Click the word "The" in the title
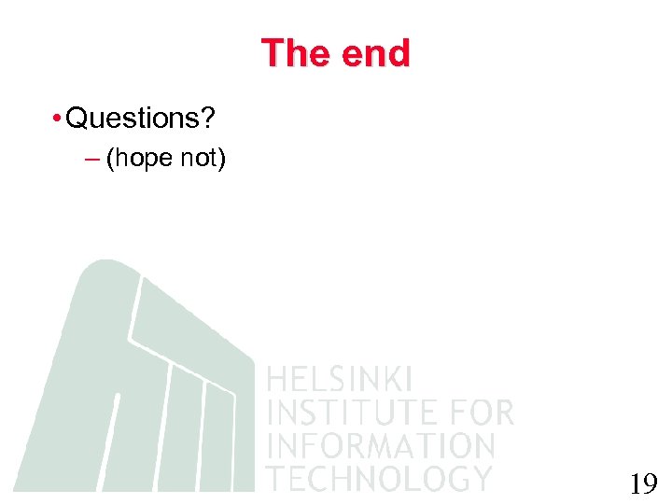[x=291, y=53]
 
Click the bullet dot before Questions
[x=58, y=119]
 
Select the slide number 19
[x=643, y=483]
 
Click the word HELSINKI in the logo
[x=340, y=380]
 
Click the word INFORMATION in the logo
[x=381, y=445]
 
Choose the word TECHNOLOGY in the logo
[x=379, y=478]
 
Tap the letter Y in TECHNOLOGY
[x=481, y=478]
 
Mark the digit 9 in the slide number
[x=650, y=483]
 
